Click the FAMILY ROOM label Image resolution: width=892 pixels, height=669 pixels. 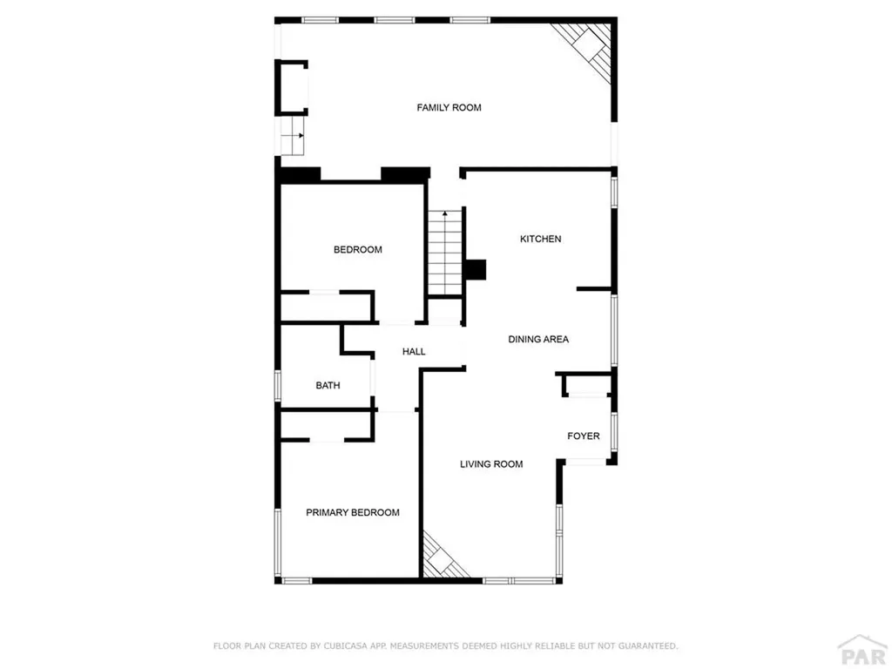[x=449, y=108]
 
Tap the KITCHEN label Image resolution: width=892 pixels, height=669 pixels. [x=540, y=239]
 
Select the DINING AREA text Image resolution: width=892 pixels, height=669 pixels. [x=538, y=339]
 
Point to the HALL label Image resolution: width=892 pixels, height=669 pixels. [x=414, y=352]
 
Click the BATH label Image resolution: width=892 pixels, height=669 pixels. [x=328, y=385]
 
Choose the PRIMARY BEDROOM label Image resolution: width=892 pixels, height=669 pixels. [x=353, y=512]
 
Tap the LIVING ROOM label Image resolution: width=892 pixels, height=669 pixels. [x=491, y=464]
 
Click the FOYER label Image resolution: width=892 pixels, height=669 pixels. [x=584, y=436]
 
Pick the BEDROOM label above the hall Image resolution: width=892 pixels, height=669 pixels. [x=357, y=250]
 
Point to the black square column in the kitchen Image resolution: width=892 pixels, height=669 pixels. [x=476, y=270]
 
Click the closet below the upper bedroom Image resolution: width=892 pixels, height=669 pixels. [x=325, y=307]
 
